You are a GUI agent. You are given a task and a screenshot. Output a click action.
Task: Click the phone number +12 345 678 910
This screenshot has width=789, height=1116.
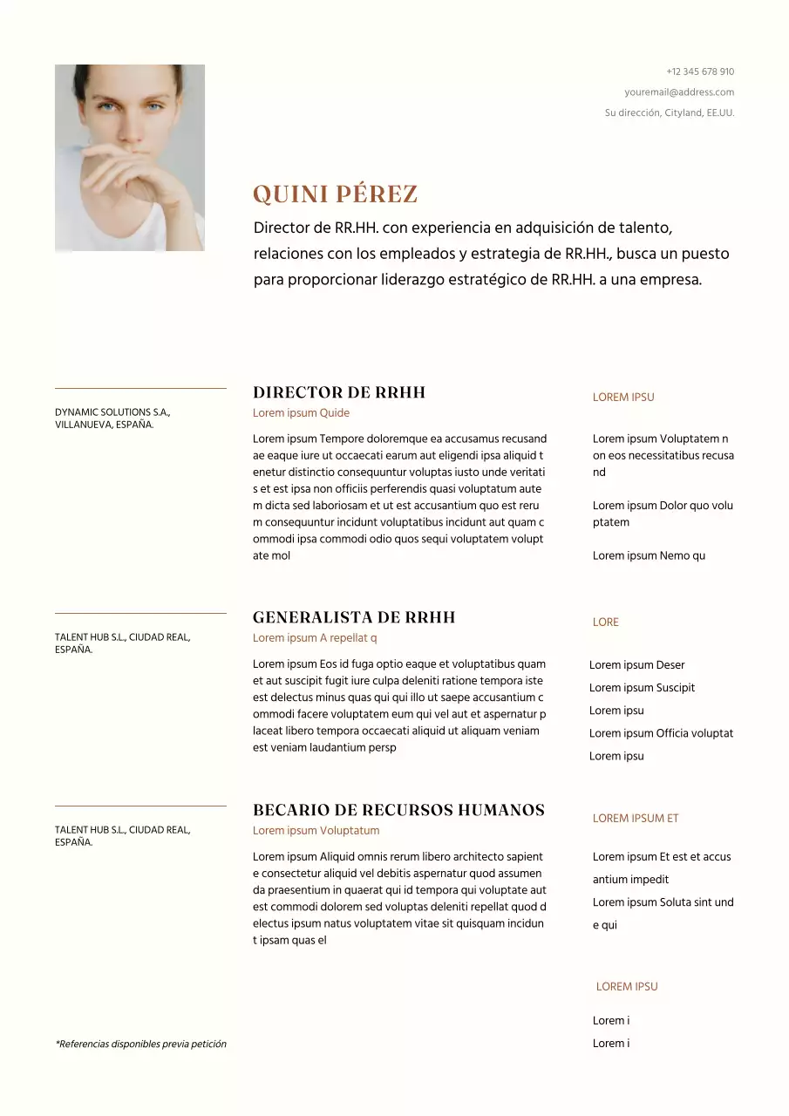(699, 71)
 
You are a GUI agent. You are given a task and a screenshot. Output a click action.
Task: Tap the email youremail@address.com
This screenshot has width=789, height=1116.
(678, 92)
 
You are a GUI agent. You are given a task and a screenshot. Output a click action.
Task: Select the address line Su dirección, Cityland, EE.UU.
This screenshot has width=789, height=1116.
(669, 112)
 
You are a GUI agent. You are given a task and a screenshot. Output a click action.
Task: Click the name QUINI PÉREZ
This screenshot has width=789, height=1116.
(335, 194)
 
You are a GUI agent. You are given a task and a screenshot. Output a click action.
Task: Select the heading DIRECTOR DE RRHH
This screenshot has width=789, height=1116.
(338, 392)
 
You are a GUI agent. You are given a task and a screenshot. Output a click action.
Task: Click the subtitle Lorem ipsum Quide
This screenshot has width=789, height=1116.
(301, 413)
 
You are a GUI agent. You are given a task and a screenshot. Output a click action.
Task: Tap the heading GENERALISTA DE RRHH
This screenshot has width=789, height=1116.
(354, 617)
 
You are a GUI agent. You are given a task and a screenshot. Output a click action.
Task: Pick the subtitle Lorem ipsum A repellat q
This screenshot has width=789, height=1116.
(315, 638)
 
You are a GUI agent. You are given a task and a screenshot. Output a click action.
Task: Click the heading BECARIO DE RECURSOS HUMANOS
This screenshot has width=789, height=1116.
(398, 810)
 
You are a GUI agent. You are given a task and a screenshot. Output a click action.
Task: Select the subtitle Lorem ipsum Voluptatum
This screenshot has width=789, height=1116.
(316, 831)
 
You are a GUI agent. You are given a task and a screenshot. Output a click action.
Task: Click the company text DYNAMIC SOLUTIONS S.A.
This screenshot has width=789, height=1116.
(112, 412)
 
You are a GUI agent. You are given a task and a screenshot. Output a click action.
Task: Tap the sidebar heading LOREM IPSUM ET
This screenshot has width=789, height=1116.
(635, 818)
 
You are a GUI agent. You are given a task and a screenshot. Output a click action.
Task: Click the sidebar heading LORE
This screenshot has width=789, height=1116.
(605, 623)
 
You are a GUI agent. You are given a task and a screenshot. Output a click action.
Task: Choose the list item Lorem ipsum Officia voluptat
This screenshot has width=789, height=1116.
(661, 733)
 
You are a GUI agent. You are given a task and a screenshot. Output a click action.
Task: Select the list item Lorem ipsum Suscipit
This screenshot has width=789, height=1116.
(642, 688)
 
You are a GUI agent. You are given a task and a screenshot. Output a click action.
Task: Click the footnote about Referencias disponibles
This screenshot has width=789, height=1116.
(140, 1044)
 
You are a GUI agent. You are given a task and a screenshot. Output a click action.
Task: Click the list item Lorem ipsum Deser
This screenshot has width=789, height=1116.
(636, 665)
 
